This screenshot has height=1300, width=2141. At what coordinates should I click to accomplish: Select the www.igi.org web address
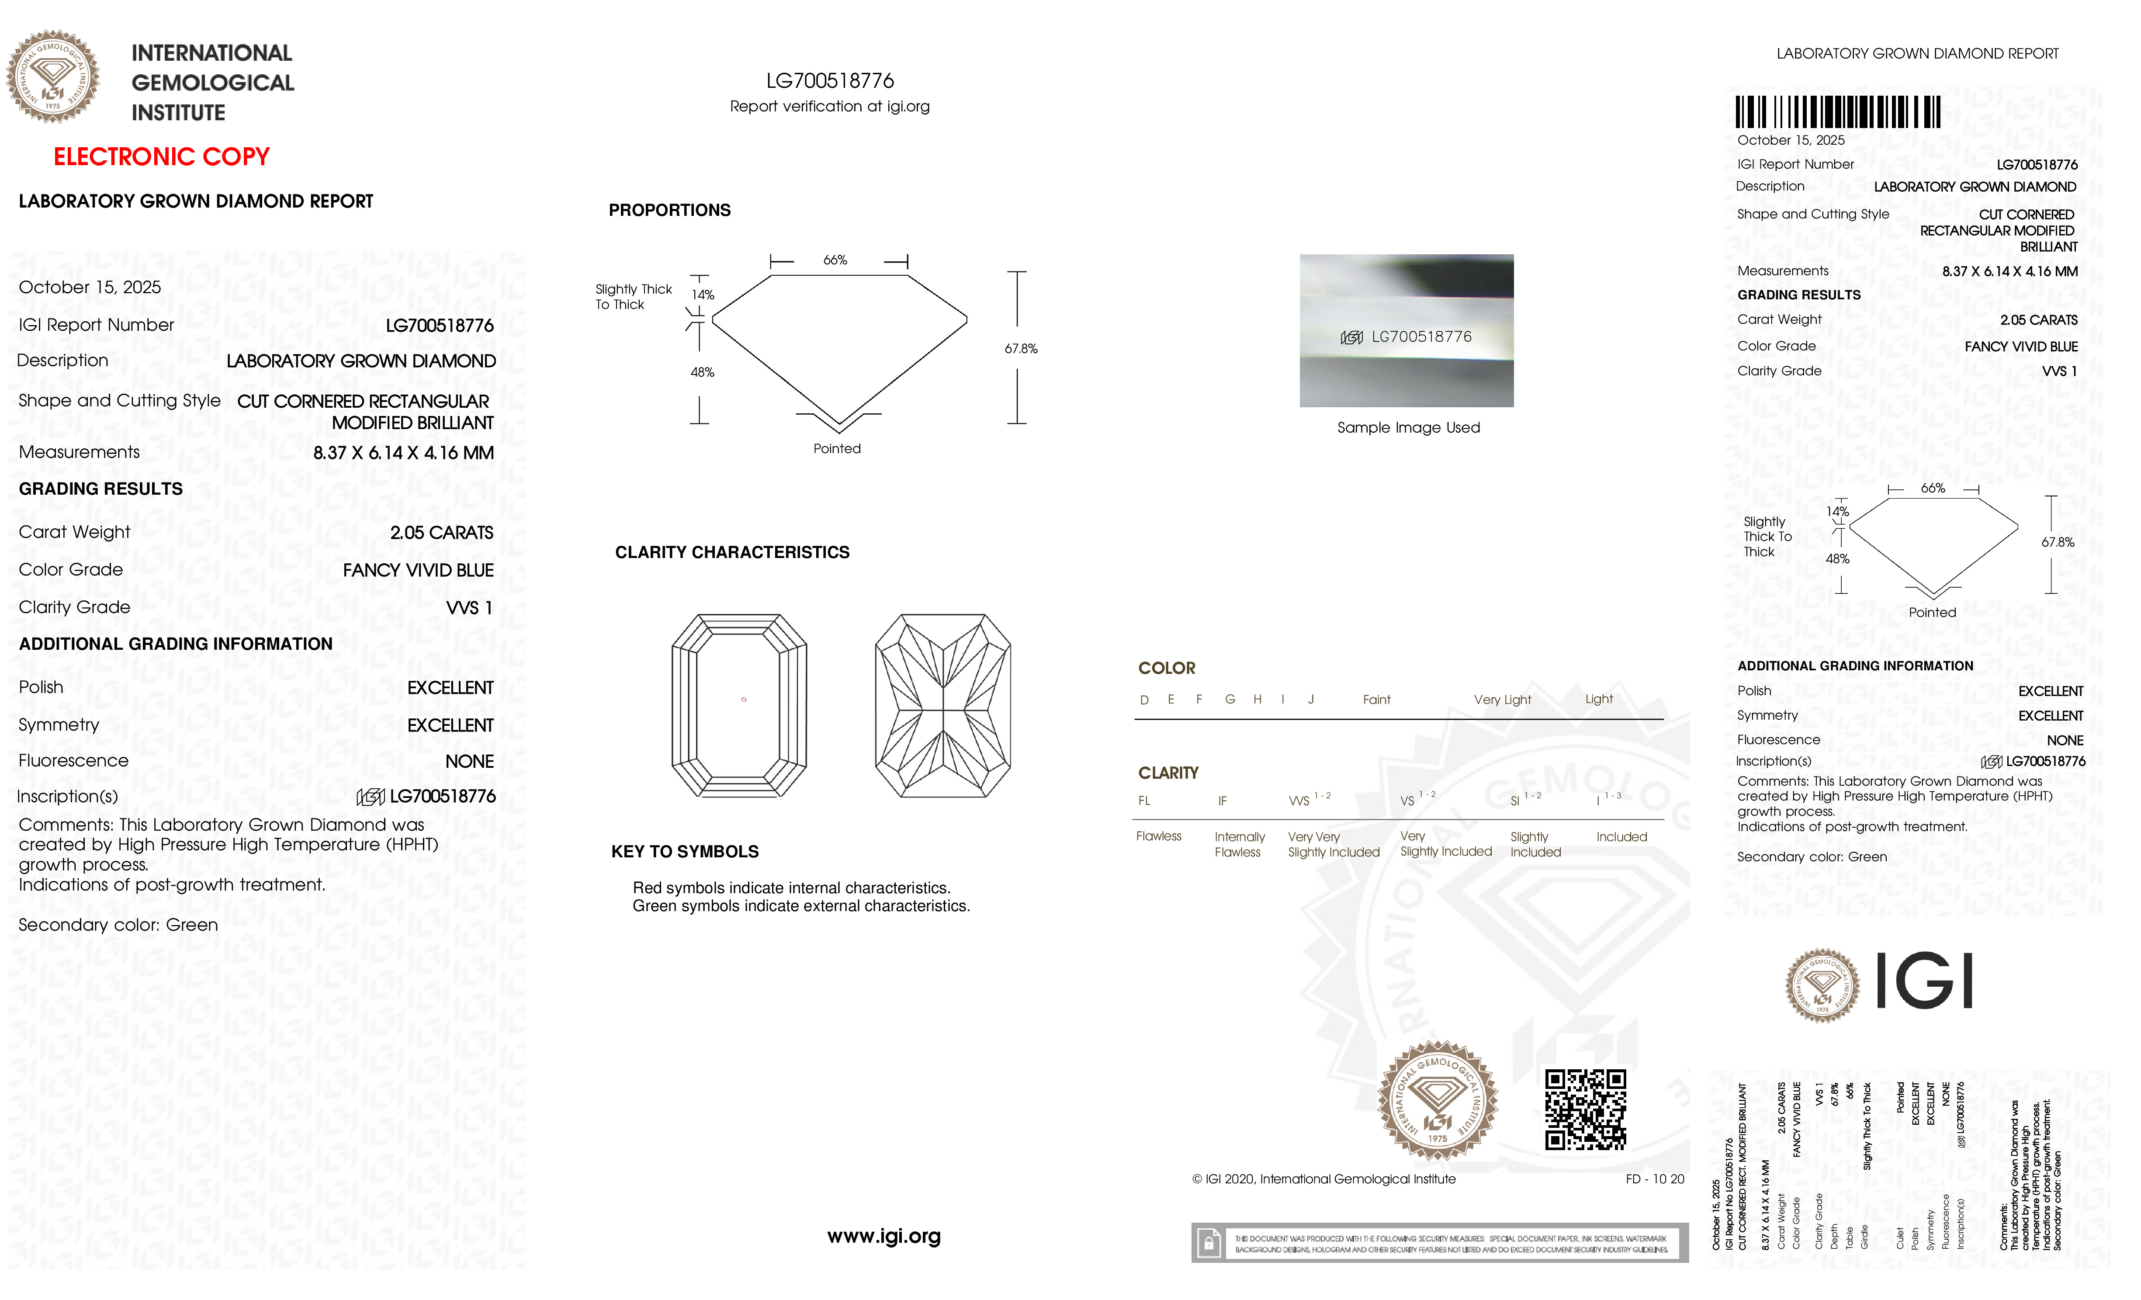point(883,1236)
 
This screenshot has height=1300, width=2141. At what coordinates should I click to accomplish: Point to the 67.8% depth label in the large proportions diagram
point(1021,348)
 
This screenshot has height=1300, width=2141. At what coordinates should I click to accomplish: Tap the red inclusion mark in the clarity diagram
point(744,700)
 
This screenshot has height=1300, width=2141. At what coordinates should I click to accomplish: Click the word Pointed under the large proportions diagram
point(837,448)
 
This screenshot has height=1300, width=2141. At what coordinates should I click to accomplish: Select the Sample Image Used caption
point(1408,427)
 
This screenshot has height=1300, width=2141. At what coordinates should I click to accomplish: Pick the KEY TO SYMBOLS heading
point(685,852)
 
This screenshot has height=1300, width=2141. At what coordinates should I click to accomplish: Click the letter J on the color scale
point(1310,700)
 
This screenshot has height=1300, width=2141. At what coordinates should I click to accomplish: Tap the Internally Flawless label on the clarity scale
point(1239,844)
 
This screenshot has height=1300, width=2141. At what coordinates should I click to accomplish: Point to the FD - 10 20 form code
point(1654,1179)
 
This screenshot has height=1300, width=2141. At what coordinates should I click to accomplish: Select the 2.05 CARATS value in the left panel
point(441,533)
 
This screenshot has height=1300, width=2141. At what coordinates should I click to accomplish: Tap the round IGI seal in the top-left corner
point(53,76)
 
